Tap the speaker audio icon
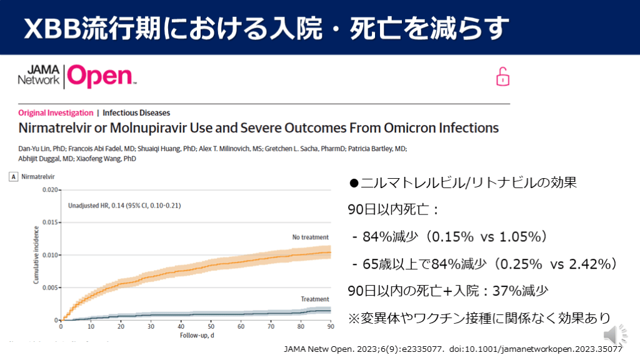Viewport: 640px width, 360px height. click(610, 333)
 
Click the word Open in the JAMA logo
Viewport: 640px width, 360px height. click(100, 76)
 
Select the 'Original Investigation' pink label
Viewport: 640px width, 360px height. click(56, 113)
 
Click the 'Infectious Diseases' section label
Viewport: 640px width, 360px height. click(136, 113)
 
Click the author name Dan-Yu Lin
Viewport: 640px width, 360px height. click(35, 148)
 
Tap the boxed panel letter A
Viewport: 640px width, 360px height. click(12, 177)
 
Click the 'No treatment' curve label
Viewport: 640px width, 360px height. click(311, 237)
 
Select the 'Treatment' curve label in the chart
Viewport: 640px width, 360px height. click(315, 299)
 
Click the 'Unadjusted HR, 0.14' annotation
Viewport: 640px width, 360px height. click(116, 205)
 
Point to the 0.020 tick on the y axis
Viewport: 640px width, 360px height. click(50, 189)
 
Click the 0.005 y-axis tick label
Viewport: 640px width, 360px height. click(50, 287)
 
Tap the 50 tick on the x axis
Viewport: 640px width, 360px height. click(211, 327)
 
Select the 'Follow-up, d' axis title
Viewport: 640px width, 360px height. click(196, 336)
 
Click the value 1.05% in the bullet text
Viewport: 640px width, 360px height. click(522, 237)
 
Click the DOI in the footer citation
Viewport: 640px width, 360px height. click(537, 349)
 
